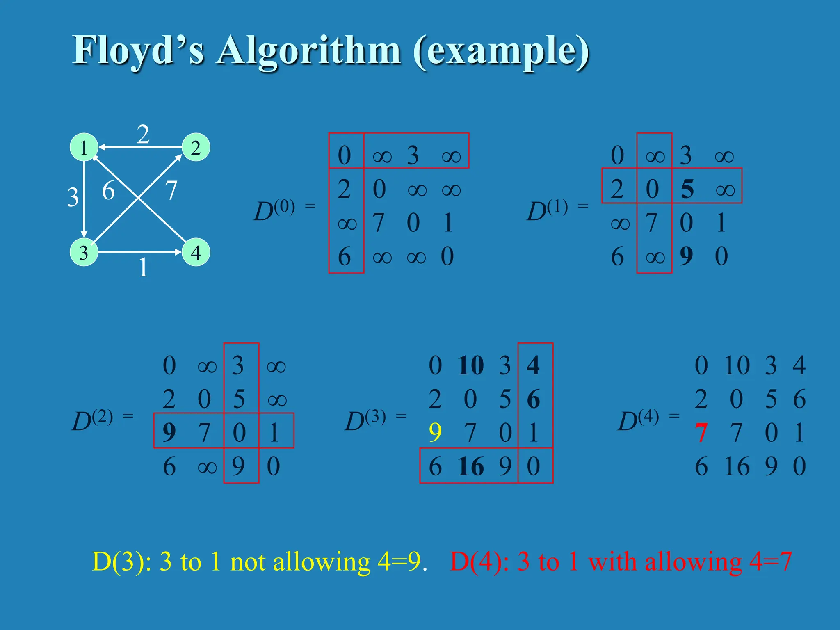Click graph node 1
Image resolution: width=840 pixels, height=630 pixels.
click(x=84, y=147)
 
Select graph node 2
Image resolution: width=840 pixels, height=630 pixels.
click(x=196, y=147)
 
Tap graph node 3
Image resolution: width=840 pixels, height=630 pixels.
click(x=84, y=252)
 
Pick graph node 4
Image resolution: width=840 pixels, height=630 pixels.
click(x=196, y=252)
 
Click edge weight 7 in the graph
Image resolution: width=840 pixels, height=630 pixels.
click(x=171, y=190)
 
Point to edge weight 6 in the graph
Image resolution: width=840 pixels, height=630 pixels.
click(x=108, y=191)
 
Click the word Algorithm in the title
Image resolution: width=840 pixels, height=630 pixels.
click(x=308, y=51)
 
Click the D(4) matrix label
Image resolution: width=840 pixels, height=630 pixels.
click(x=638, y=420)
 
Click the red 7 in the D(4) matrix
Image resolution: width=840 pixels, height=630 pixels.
click(x=701, y=432)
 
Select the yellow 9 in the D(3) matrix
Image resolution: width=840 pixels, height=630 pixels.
click(x=435, y=432)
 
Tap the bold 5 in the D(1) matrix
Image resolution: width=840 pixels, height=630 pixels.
click(x=687, y=189)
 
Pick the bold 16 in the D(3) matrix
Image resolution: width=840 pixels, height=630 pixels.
click(x=471, y=466)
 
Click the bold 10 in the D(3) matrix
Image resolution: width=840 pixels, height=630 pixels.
click(x=471, y=365)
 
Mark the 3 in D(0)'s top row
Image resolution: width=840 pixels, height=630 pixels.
click(x=413, y=155)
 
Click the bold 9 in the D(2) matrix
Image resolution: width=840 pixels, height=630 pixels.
click(x=169, y=432)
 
